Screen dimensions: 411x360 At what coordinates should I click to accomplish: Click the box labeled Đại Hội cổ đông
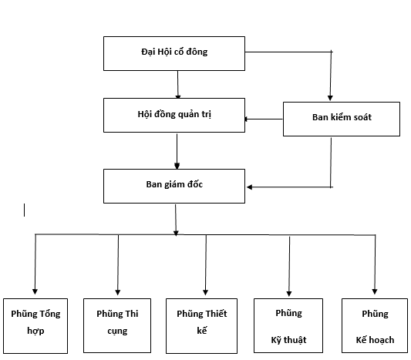point(174,53)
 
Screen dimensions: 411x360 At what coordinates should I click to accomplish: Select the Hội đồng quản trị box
point(174,116)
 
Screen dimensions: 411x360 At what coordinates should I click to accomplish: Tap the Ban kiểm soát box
point(342,119)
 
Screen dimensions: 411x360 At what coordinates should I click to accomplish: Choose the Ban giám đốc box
point(174,186)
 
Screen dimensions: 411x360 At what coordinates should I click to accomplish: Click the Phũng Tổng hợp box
point(35,326)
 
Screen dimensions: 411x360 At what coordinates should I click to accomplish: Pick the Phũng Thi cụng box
point(117,325)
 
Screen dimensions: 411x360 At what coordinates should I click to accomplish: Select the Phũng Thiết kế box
point(201,326)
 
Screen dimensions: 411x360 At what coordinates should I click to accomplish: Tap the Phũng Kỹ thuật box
point(288,325)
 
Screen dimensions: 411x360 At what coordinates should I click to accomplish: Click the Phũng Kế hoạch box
point(375,325)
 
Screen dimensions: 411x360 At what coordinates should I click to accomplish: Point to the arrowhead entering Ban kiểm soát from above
point(330,98)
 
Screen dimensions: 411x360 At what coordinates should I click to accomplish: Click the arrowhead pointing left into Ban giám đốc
point(250,187)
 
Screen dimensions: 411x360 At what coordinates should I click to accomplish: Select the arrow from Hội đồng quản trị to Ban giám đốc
point(177,151)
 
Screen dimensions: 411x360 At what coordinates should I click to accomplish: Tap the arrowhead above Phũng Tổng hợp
point(35,291)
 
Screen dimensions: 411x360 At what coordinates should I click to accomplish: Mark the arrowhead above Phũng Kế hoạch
point(375,291)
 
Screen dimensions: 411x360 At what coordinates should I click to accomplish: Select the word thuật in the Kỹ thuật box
point(295,340)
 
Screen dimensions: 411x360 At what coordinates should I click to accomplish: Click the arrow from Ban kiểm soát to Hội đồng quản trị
point(264,119)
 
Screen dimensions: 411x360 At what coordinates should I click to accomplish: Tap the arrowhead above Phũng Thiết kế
point(205,292)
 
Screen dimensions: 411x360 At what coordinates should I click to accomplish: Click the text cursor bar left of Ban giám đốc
point(25,210)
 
